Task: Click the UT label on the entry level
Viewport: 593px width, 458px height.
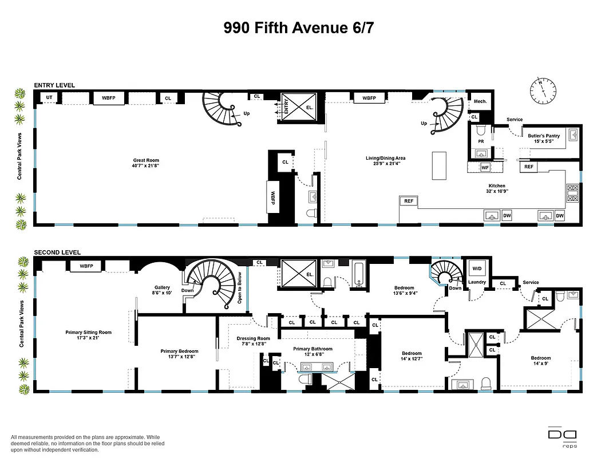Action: click(x=49, y=98)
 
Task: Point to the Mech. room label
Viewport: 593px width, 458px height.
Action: click(x=480, y=101)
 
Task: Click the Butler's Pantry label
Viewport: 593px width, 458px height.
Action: click(x=543, y=139)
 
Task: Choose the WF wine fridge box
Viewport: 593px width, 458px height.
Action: click(x=485, y=167)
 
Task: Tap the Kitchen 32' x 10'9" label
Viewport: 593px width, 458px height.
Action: click(x=496, y=188)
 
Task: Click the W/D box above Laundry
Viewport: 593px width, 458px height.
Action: click(x=477, y=269)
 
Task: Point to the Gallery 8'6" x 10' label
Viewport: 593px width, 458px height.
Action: click(x=163, y=290)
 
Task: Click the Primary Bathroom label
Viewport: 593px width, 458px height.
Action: click(x=313, y=351)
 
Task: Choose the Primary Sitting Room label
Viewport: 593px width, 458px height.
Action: click(x=88, y=335)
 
